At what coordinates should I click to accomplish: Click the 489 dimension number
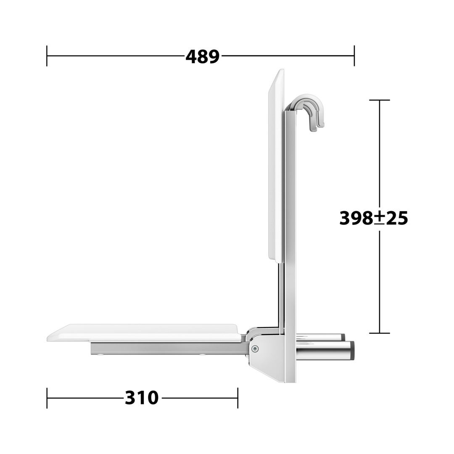pyautogui.click(x=202, y=56)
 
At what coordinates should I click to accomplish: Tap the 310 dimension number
pyautogui.click(x=142, y=398)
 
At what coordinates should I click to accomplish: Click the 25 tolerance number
pyautogui.click(x=396, y=218)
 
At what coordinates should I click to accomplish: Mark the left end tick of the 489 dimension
pyautogui.click(x=47, y=55)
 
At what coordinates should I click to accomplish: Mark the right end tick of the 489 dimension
pyautogui.click(x=354, y=55)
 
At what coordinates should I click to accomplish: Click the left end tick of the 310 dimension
pyautogui.click(x=47, y=398)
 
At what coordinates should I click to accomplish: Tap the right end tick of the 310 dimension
pyautogui.click(x=238, y=398)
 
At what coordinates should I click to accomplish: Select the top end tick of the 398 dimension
pyautogui.click(x=379, y=100)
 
